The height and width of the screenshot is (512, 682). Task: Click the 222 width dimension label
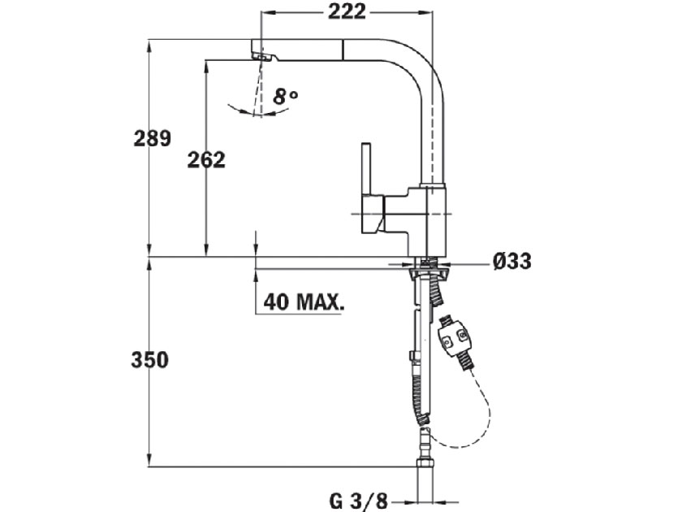347,11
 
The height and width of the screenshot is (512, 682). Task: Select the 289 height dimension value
153,138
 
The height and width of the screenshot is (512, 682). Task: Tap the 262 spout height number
206,160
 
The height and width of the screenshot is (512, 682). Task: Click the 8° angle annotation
286,97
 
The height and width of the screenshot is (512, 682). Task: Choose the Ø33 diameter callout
511,262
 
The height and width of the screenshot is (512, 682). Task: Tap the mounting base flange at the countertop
426,263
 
